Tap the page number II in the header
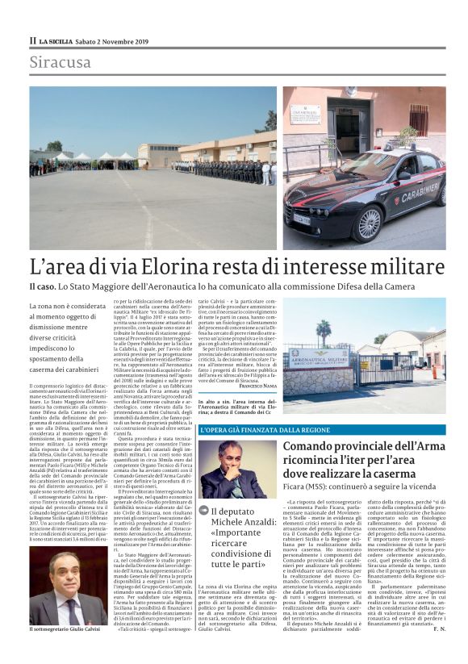pos(32,40)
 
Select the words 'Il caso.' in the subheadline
pos(46,286)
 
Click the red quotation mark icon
pos(204,512)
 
